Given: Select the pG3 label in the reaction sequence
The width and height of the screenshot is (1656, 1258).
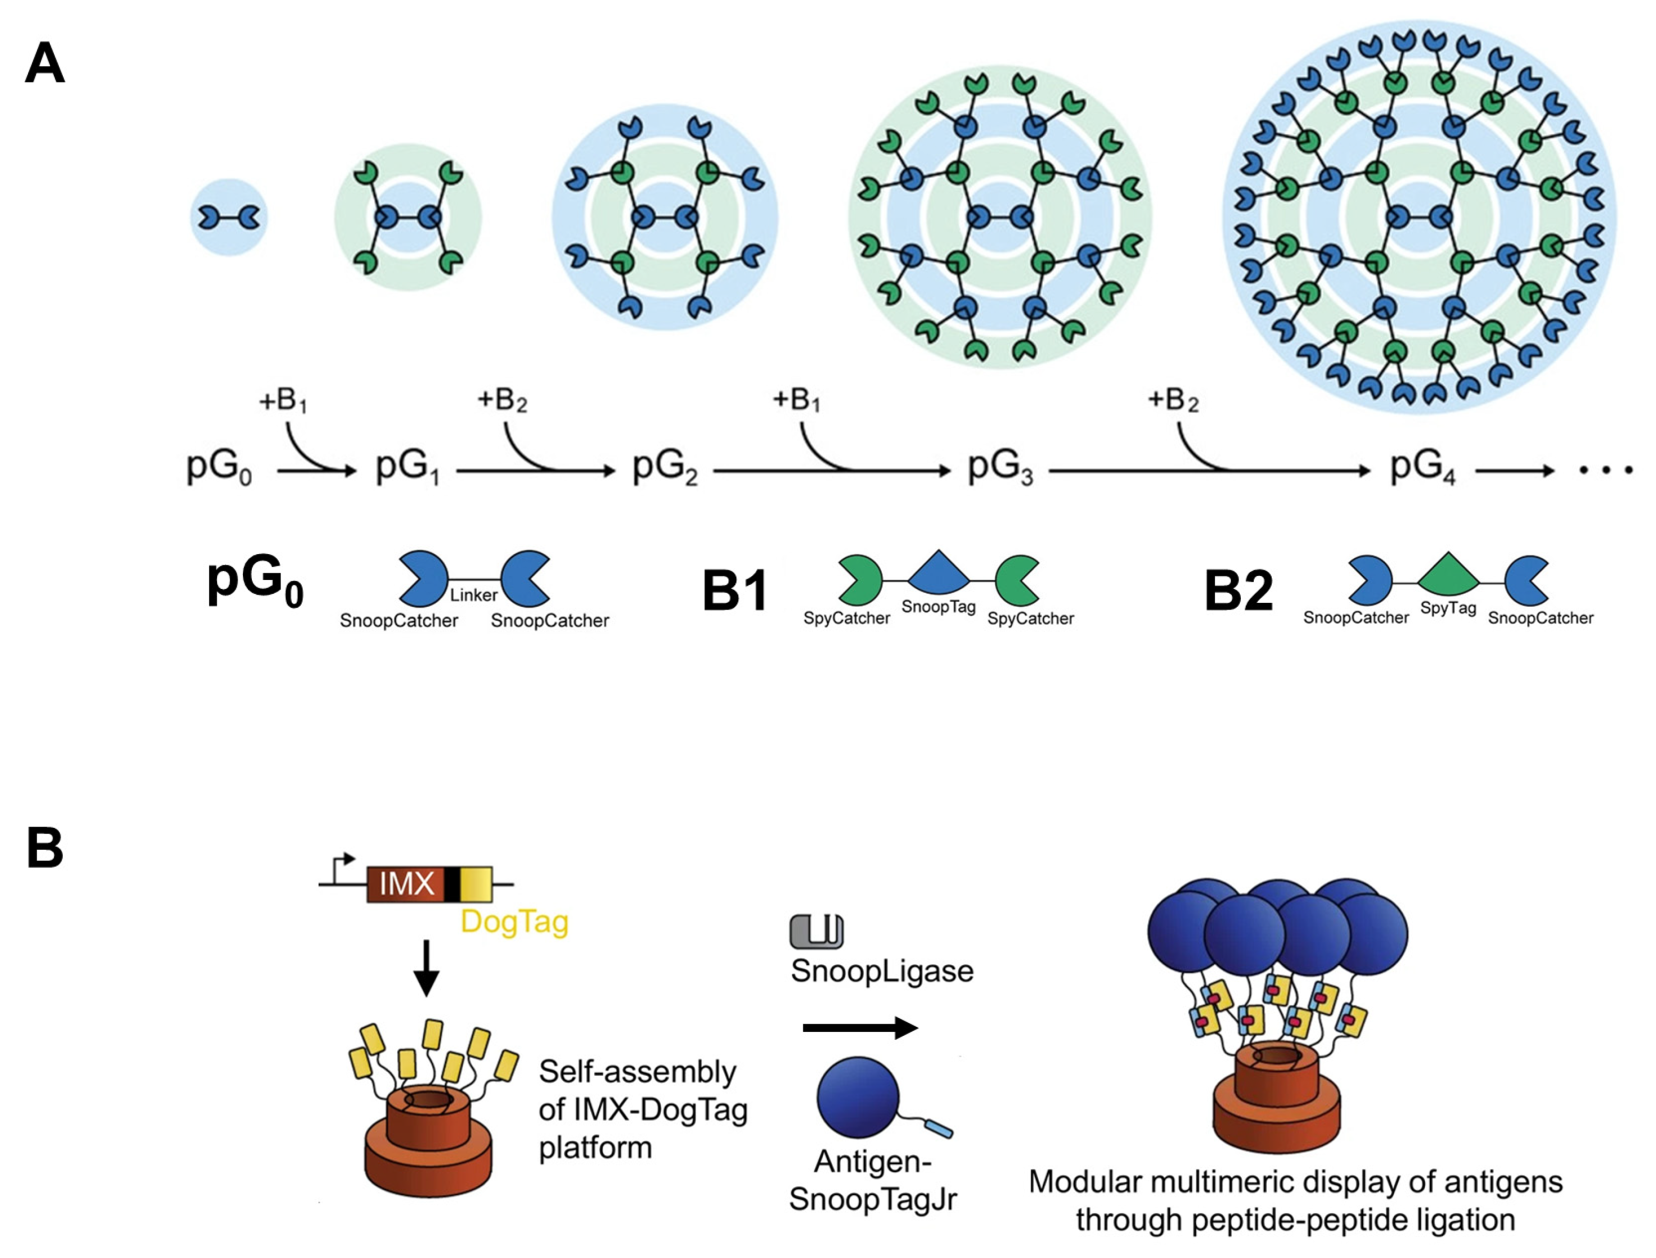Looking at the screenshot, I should coord(1000,468).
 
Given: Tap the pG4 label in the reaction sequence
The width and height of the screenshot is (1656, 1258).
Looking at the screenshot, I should coord(1422,468).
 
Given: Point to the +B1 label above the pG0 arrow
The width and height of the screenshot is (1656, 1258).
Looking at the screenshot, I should coord(283,402).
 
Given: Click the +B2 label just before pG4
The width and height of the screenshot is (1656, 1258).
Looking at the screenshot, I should coord(1173,402).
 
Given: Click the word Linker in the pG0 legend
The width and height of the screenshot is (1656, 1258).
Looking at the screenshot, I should coord(473,595).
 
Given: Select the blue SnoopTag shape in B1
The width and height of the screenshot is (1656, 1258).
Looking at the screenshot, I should coord(939,572).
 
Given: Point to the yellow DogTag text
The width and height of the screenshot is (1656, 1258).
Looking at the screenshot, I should coord(514,921).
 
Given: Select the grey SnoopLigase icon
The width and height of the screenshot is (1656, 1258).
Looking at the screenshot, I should coord(816,931).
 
